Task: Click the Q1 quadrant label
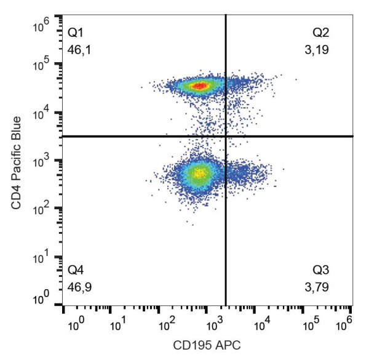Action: click(76, 31)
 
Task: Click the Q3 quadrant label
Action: click(322, 269)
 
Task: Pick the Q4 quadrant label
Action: click(76, 269)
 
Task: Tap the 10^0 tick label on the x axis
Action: click(74, 321)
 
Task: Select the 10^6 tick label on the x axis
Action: click(346, 321)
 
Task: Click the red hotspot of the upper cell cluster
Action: click(199, 86)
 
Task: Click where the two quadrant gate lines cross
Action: click(226, 136)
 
